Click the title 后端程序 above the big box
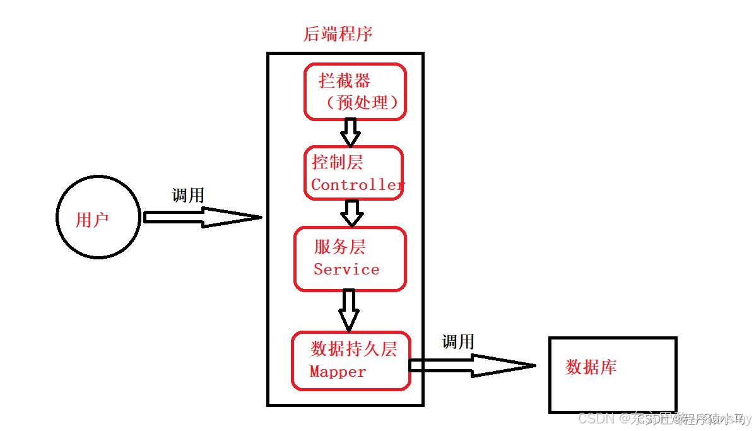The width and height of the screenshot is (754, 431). (338, 34)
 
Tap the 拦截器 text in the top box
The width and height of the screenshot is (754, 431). (345, 81)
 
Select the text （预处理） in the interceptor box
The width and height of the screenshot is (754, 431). (363, 103)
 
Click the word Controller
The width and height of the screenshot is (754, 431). (357, 185)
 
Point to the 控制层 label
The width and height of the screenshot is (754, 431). (338, 162)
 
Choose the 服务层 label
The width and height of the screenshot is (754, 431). (339, 247)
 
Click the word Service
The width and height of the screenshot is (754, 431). (346, 269)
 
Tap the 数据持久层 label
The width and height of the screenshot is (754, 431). (353, 349)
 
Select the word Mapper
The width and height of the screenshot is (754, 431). (338, 372)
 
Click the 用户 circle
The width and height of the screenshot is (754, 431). (98, 217)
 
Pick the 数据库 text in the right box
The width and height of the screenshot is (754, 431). (591, 367)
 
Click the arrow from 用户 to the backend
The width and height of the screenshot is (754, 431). (202, 218)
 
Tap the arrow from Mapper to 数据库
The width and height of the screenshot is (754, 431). (473, 365)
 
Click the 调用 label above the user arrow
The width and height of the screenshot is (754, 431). (188, 196)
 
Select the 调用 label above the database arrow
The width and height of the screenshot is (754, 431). (457, 342)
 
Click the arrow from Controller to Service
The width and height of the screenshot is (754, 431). (351, 213)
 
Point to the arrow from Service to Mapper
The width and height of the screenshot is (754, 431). (348, 310)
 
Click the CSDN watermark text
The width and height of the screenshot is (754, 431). (596, 419)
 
